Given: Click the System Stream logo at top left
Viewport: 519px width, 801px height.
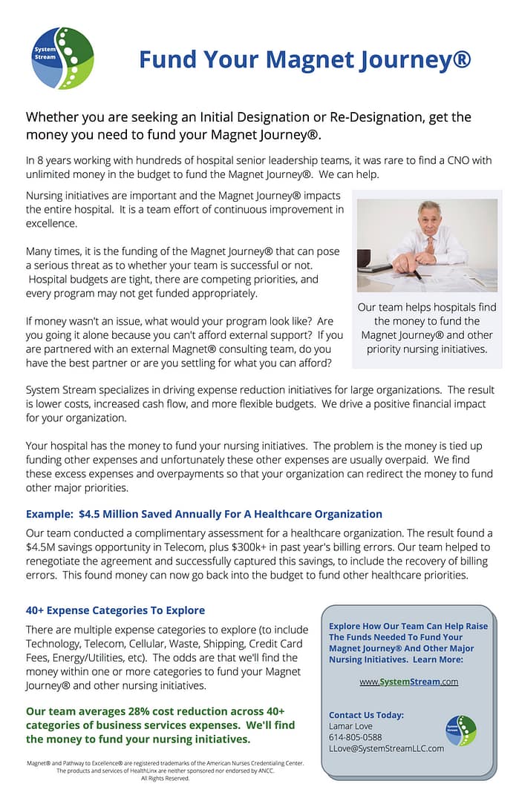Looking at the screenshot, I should [63, 58].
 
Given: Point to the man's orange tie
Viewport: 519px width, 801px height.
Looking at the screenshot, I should [430, 244].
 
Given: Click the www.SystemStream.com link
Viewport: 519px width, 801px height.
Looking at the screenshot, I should [408, 682].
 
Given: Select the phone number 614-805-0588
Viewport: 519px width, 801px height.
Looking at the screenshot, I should [355, 737].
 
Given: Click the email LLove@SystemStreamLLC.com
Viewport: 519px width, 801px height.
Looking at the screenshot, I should [386, 748].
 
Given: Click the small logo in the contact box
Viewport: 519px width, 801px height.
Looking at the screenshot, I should [461, 731].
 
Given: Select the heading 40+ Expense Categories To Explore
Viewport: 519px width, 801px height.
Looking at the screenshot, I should [115, 610].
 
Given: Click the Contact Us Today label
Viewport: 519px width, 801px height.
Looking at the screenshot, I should [366, 715].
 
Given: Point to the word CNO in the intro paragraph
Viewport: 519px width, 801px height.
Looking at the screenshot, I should [465, 160].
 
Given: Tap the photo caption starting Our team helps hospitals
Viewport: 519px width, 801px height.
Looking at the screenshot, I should [427, 328].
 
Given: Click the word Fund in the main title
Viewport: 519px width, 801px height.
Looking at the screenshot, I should [167, 59].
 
